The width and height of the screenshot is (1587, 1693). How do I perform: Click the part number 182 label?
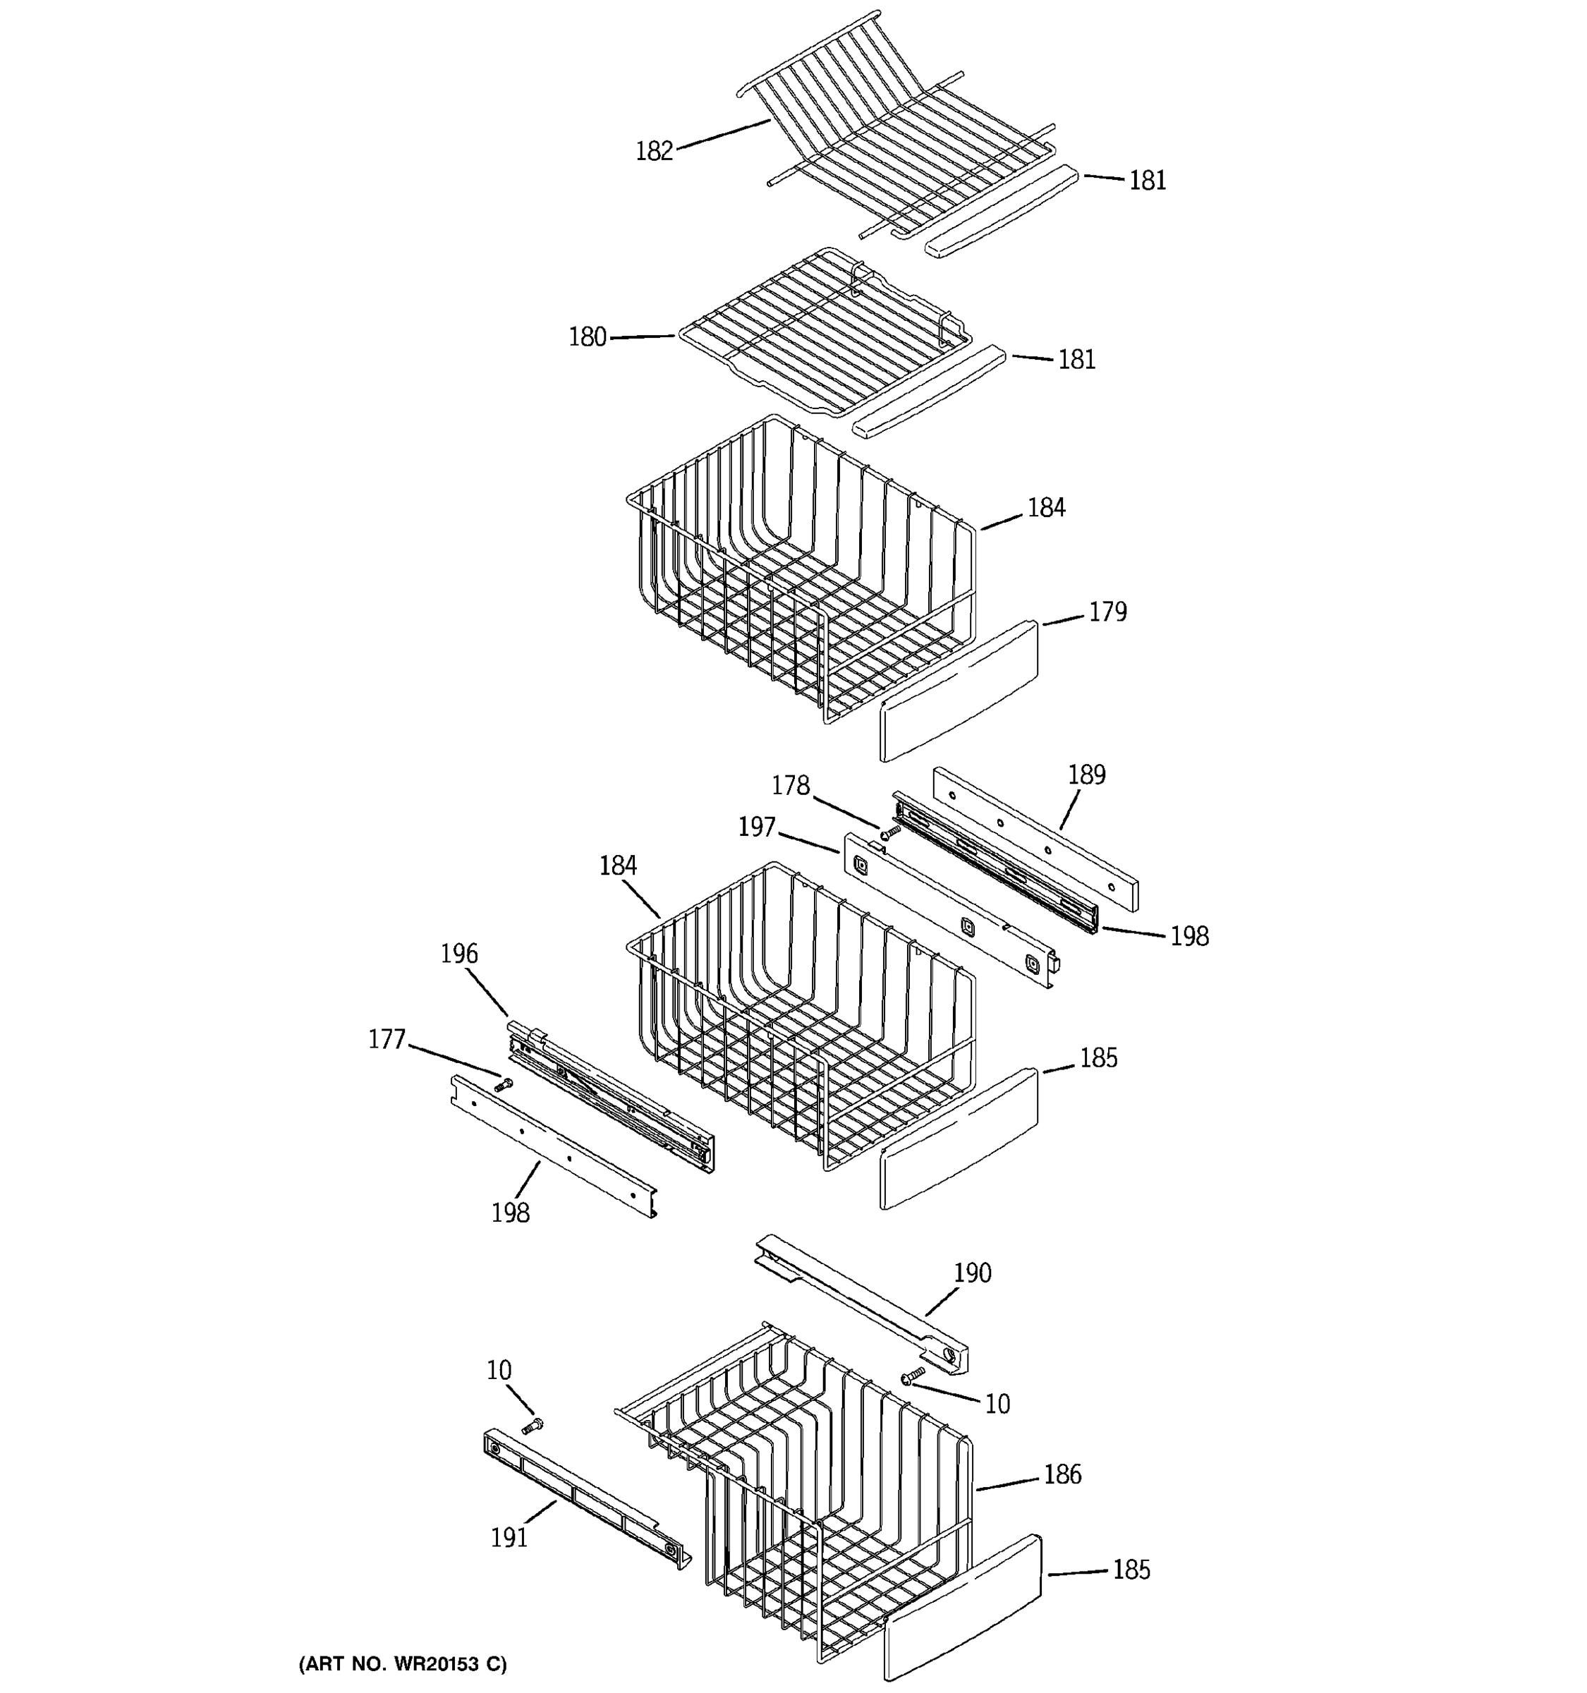point(654,152)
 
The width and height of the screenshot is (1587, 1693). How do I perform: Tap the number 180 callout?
point(588,338)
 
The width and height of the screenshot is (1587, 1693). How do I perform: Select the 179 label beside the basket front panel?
point(1107,612)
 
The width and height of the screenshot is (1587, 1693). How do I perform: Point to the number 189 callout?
point(1086,775)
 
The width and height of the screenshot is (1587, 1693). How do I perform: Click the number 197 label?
point(757,827)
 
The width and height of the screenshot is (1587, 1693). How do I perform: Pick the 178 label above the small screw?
point(790,785)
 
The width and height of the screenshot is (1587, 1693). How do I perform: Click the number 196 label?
point(459,954)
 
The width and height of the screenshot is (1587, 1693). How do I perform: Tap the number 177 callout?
point(387,1040)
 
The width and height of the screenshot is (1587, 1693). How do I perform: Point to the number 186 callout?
point(1062,1474)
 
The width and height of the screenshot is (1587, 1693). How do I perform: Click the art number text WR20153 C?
point(402,1664)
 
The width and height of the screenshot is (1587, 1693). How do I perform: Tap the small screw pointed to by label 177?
point(503,1085)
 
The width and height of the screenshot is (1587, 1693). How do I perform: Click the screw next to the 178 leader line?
point(891,831)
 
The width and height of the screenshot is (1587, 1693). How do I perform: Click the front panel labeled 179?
point(959,691)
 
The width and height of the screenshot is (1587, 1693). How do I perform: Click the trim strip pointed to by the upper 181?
point(1000,213)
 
